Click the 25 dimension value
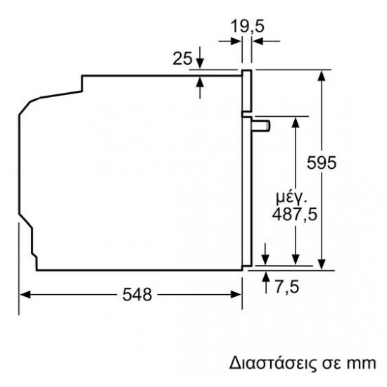(182, 59)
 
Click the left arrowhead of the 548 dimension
(23, 294)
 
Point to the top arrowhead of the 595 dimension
(323, 75)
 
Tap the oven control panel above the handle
(246, 91)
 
